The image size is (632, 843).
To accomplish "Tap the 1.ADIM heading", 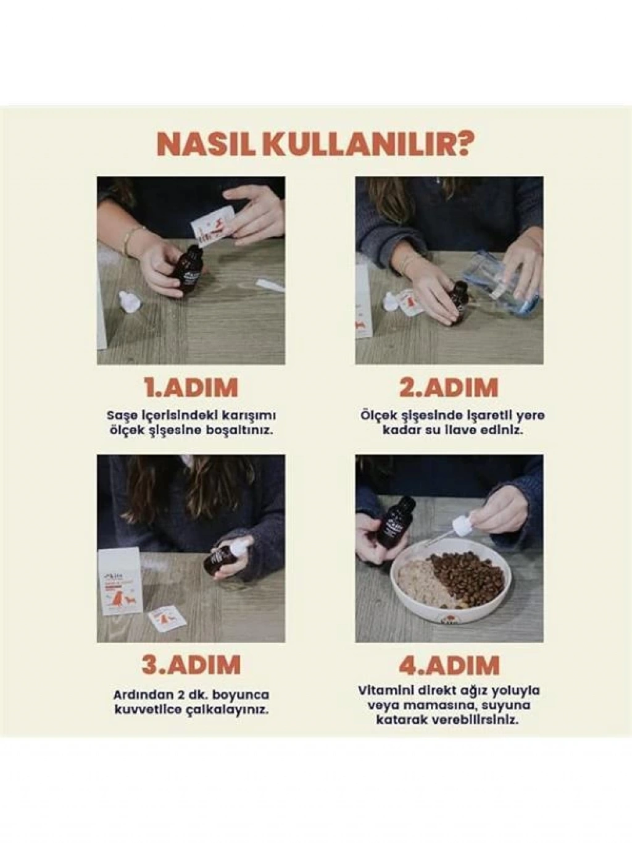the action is (191, 388).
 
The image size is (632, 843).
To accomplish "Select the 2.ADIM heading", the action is (449, 388).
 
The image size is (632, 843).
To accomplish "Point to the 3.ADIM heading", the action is (191, 665).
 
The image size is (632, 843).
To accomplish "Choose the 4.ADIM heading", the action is (449, 665).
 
